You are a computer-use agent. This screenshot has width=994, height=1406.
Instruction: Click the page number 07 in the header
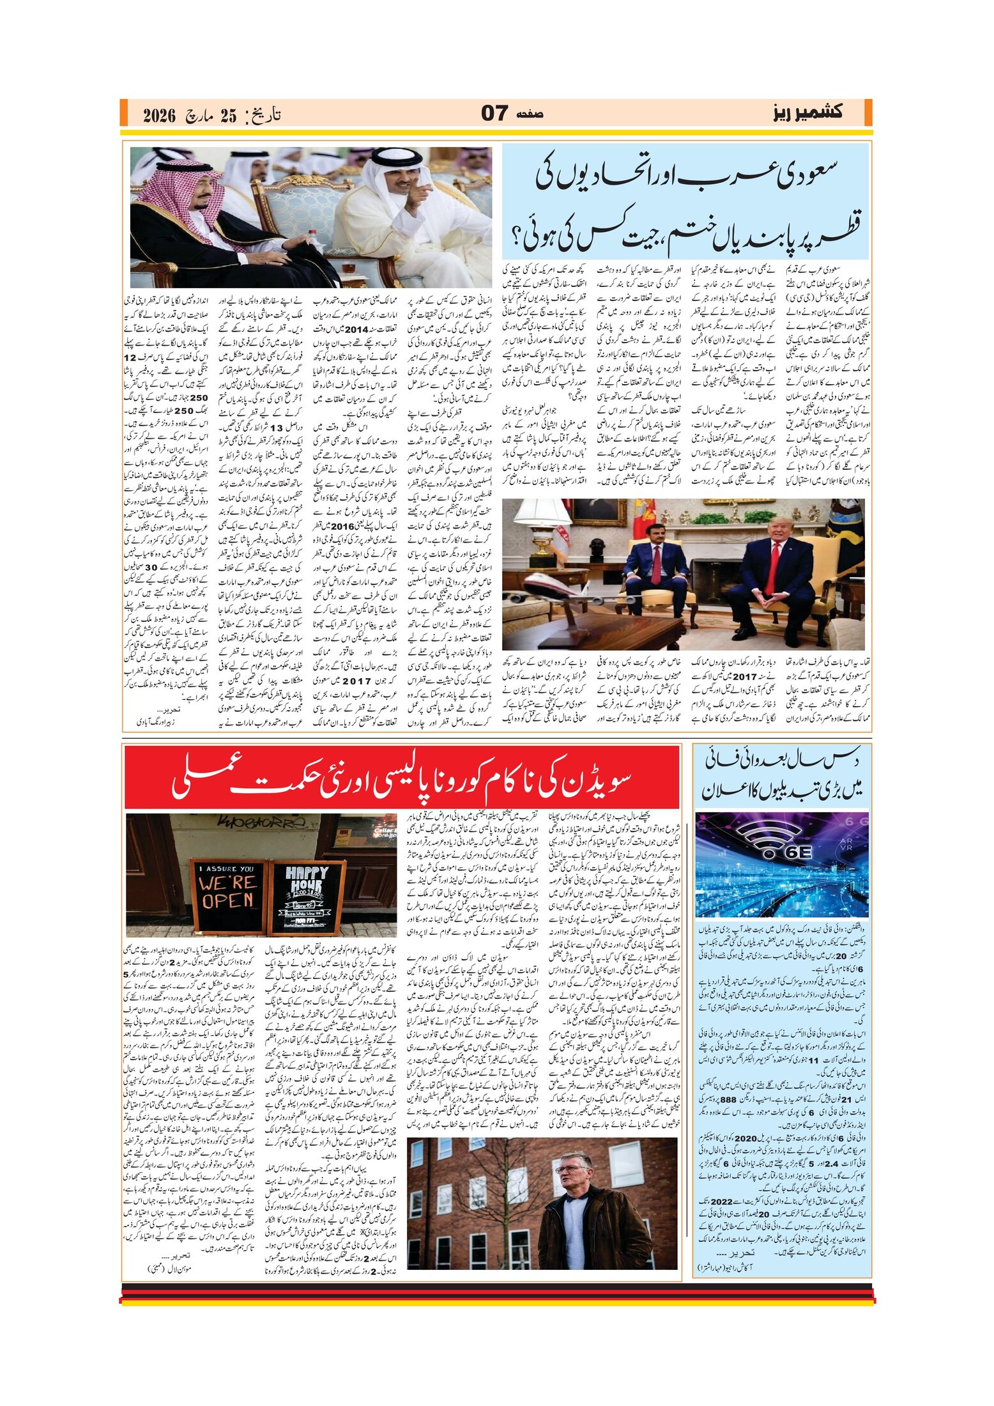click(494, 113)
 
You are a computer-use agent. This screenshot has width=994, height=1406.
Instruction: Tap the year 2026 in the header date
click(159, 116)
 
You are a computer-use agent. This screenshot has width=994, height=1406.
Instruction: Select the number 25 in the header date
click(228, 116)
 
